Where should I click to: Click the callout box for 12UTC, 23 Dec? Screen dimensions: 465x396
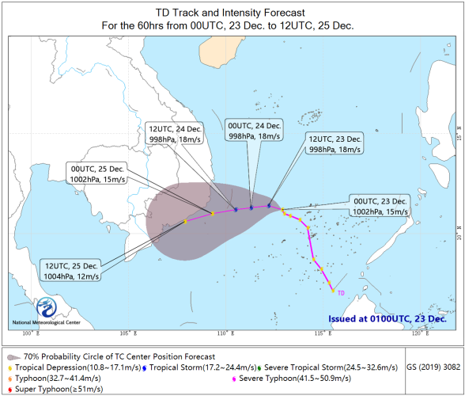tap(335, 144)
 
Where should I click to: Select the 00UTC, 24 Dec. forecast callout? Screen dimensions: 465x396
tap(254, 131)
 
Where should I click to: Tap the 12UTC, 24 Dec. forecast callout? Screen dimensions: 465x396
tap(174, 134)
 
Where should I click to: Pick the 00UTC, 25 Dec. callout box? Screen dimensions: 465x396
tap(97, 173)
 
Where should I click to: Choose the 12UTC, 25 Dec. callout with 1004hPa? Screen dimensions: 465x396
tap(71, 271)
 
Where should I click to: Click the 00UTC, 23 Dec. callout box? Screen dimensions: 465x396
tap(380, 206)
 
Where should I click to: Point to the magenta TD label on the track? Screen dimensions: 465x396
tap(341, 293)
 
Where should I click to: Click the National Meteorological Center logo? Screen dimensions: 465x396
tap(47, 307)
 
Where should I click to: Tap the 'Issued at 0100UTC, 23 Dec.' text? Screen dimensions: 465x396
tap(387, 318)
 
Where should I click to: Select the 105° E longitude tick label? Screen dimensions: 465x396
tap(128, 333)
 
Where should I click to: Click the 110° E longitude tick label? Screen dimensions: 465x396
tap(225, 333)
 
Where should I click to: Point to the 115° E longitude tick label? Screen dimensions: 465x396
tap(323, 333)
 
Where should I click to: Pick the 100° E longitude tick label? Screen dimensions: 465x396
tap(31, 333)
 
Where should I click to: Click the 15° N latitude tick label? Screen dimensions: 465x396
tap(459, 133)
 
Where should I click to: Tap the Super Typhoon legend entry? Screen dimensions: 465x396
tap(55, 389)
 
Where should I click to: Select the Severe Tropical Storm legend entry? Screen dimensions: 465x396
tap(327, 367)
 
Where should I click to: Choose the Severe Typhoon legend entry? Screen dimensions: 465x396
tap(292, 379)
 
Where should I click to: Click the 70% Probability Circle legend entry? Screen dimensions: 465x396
tap(112, 356)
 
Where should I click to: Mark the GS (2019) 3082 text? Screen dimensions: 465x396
tap(433, 367)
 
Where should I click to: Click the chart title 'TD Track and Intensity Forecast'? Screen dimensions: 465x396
tap(230, 13)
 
